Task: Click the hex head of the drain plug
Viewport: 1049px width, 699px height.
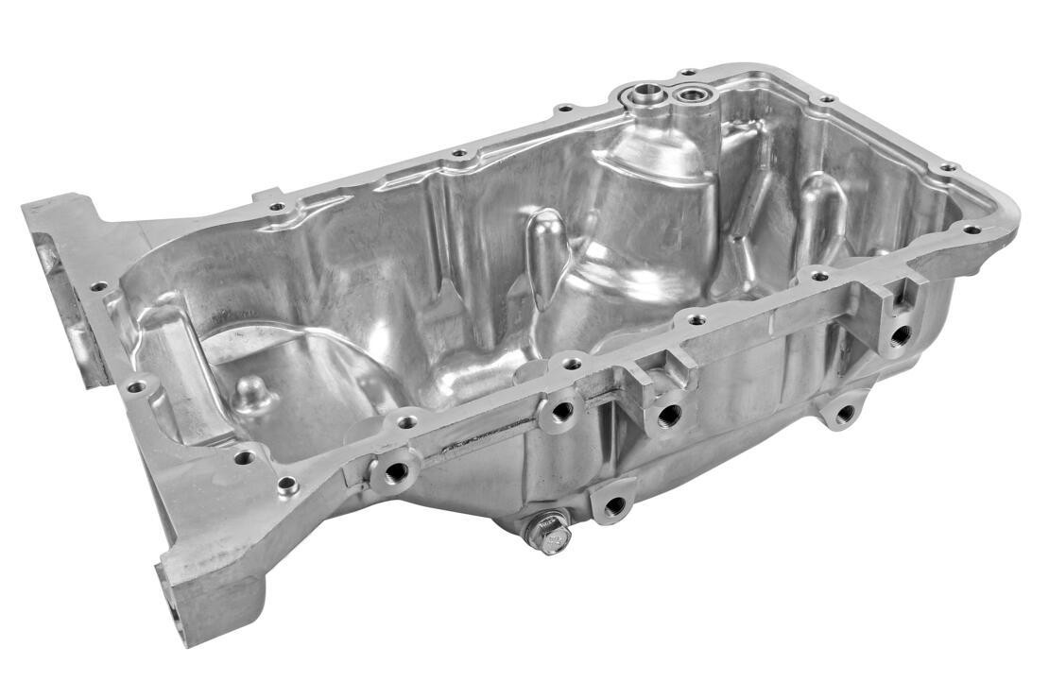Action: (549, 536)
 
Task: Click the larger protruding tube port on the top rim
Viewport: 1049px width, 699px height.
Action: (649, 93)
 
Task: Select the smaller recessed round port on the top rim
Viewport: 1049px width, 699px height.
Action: (694, 94)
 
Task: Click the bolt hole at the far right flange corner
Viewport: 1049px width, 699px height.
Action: (970, 229)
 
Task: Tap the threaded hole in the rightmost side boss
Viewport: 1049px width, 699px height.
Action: (901, 333)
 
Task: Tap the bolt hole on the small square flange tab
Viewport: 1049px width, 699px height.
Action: (276, 206)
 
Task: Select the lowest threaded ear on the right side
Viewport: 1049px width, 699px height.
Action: (845, 413)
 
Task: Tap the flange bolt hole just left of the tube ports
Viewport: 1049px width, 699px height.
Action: (563, 108)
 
